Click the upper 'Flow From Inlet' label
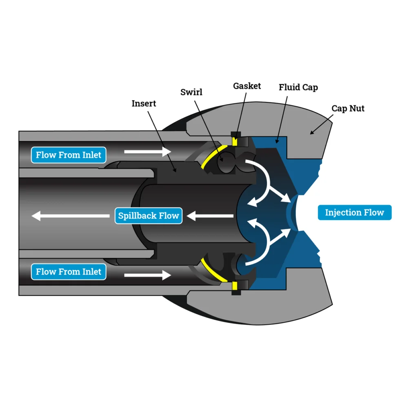pos(69,155)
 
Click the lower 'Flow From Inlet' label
pos(69,272)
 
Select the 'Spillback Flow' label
pos(149,215)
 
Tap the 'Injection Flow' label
pos(354,213)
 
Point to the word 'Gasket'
pos(247,86)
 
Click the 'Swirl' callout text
pos(191,92)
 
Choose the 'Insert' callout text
pos(144,104)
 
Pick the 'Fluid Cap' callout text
pos(298,87)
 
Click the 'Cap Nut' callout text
pos(348,109)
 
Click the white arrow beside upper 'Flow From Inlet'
pos(147,152)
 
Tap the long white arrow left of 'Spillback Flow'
pos(71,215)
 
